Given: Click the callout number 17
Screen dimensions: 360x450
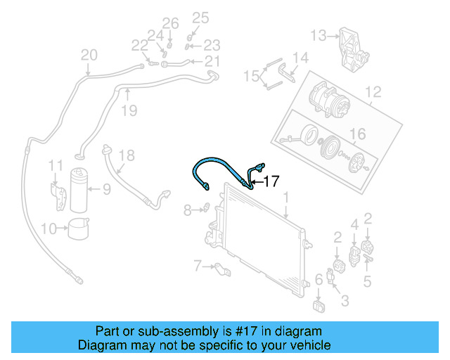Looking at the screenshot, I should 271,181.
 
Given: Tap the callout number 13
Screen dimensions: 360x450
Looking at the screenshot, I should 319,34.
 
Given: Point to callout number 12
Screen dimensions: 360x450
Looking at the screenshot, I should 373,91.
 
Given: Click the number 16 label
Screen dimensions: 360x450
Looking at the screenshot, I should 357,134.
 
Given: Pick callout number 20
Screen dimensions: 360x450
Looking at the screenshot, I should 89,55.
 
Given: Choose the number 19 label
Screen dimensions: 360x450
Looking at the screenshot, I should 127,110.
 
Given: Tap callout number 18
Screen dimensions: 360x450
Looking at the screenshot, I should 126,155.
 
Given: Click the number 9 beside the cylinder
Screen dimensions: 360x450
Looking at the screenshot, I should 106,188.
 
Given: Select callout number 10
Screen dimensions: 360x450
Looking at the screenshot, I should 49,228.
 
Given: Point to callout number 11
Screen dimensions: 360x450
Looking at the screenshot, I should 56,165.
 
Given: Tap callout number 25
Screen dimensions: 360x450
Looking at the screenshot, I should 201,18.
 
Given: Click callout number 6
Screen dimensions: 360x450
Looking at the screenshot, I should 319,281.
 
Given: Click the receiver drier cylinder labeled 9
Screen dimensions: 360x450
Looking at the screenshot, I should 80,190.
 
